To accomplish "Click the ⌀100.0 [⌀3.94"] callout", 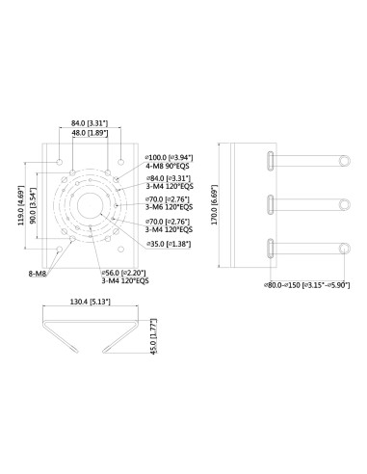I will tap(168, 156).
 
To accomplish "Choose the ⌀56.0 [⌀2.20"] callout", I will tap(125, 273).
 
